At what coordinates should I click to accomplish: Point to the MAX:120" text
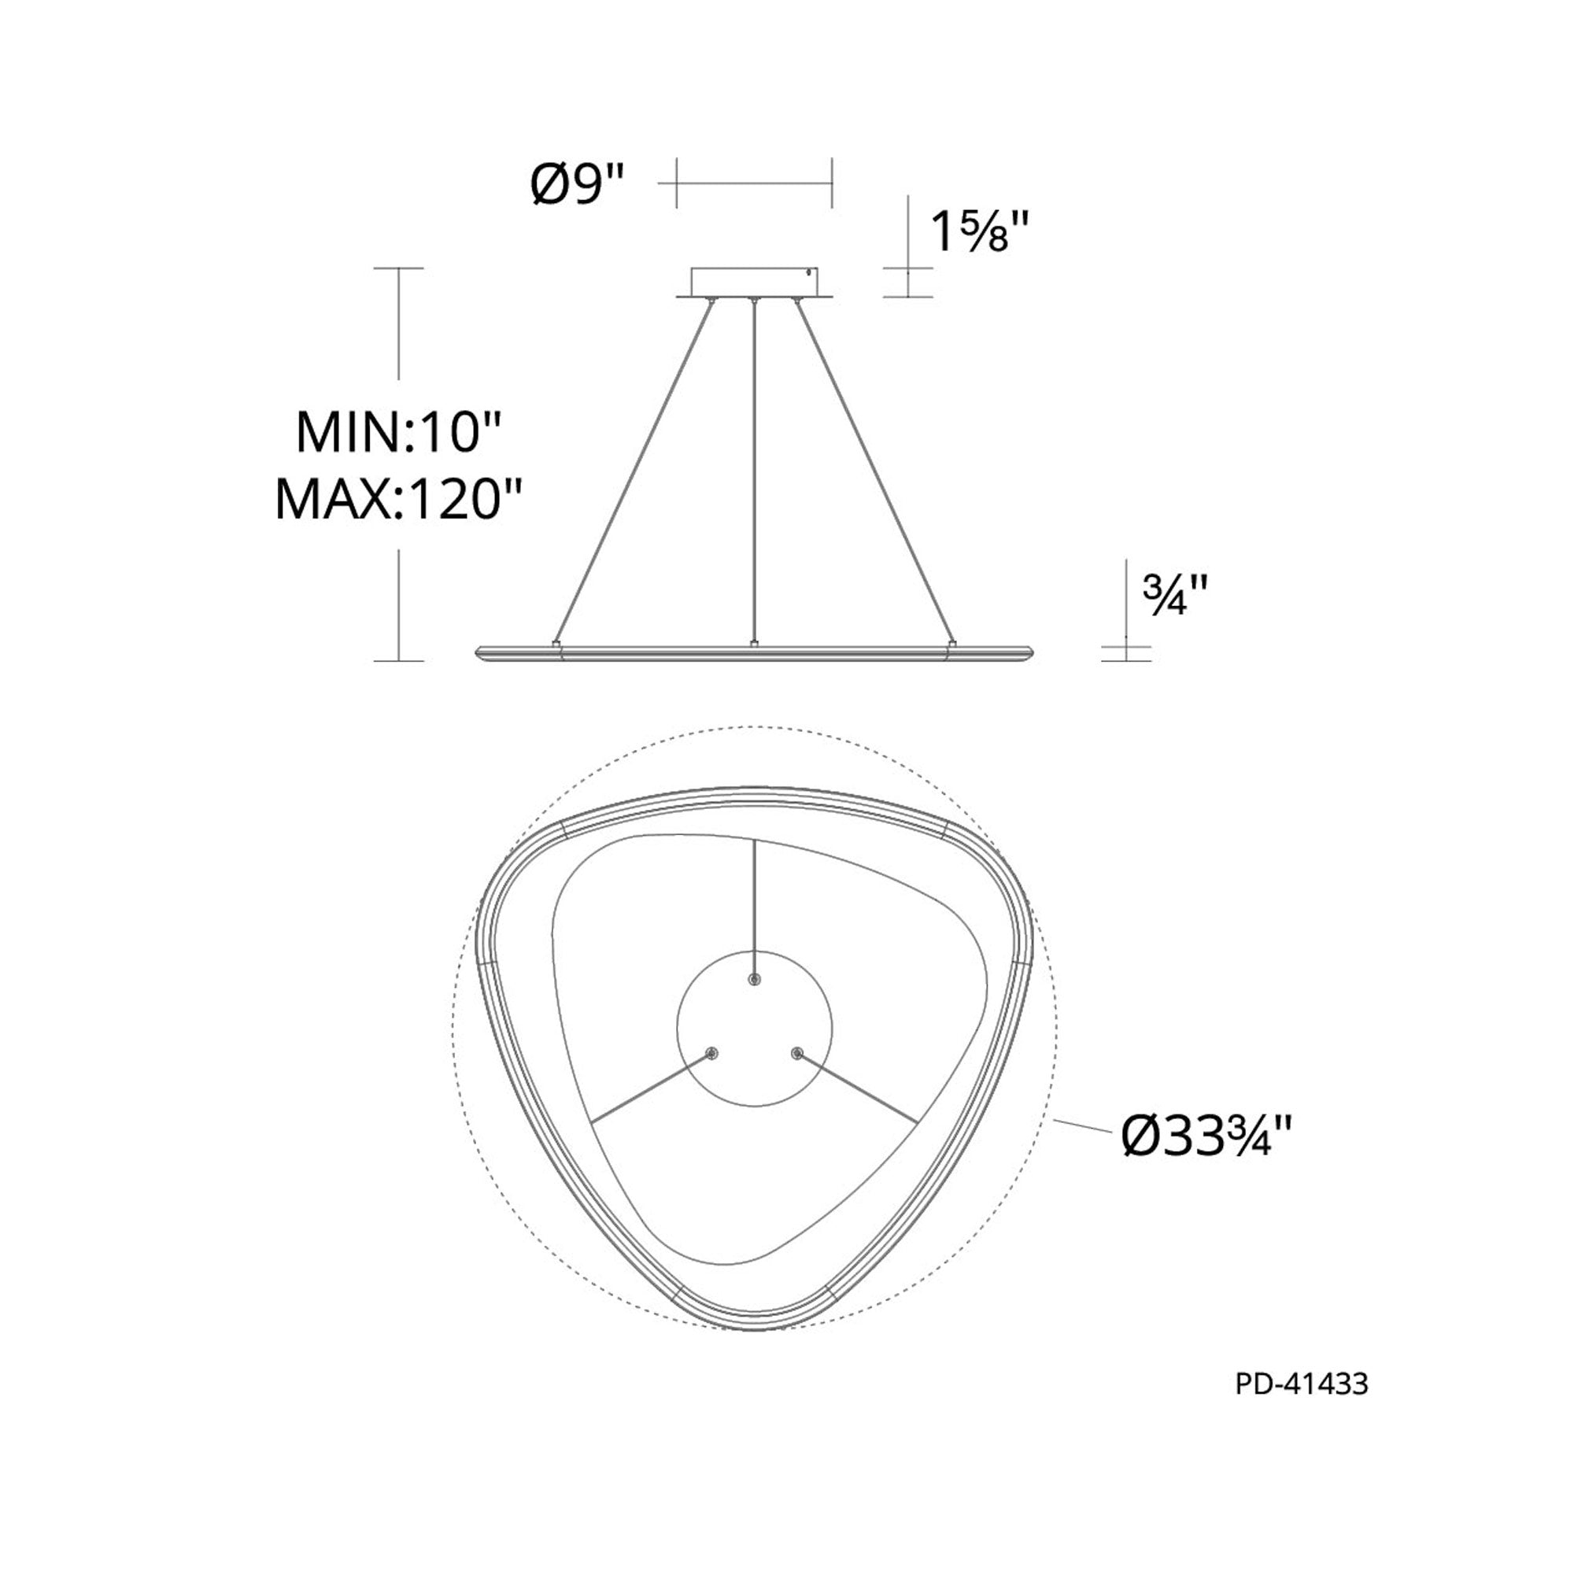click(397, 499)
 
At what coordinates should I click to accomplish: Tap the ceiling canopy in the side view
click(755, 284)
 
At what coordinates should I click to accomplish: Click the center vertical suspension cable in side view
click(756, 471)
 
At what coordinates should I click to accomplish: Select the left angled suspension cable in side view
click(634, 471)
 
